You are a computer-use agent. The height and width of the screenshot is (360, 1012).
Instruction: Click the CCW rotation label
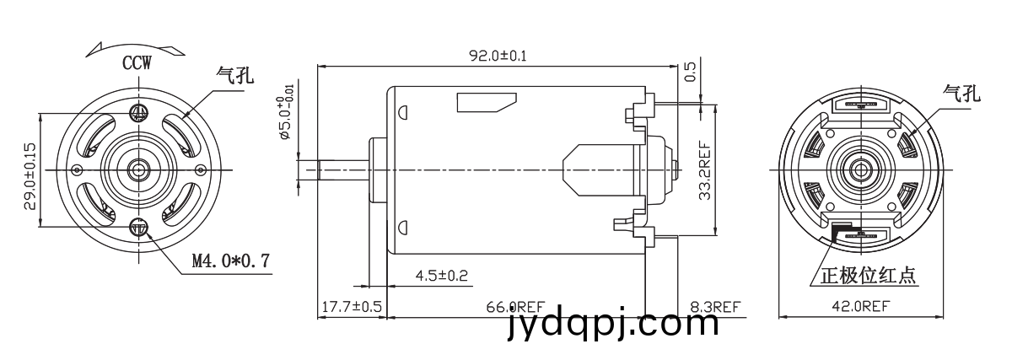[137, 62]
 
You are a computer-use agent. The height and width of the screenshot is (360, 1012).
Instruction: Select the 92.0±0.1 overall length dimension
[498, 56]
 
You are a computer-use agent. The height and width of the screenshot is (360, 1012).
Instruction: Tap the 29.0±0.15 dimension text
[30, 176]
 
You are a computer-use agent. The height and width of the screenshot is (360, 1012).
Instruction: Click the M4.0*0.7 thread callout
[231, 261]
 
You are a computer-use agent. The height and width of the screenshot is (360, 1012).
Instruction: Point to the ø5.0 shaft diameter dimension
[287, 112]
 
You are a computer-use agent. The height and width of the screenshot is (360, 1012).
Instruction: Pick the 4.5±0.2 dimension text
[441, 276]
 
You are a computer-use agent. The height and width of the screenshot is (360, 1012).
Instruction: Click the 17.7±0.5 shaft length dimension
[352, 307]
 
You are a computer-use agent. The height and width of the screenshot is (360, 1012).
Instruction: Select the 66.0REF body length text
[515, 307]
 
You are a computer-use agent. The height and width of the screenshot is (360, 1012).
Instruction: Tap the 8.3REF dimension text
[715, 307]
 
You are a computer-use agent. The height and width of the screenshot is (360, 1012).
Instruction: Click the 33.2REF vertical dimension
[705, 171]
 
